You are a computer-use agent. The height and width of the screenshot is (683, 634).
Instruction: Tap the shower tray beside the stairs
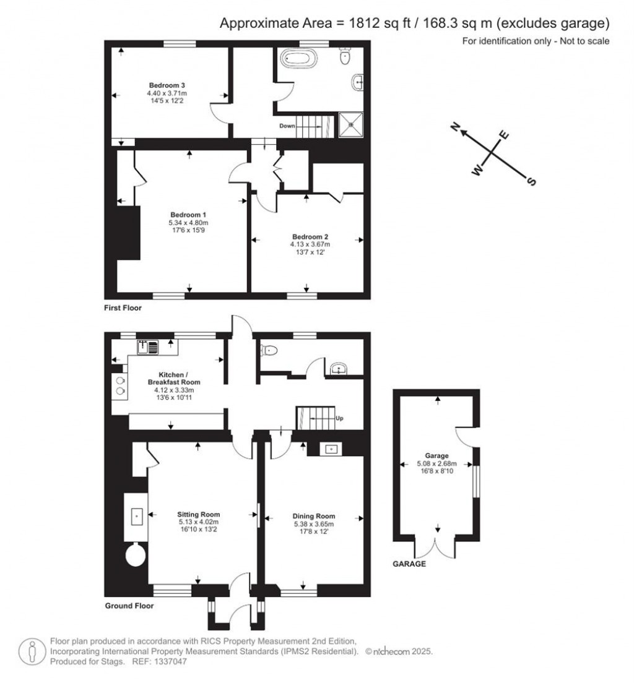351,125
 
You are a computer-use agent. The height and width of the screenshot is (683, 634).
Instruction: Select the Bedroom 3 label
167,85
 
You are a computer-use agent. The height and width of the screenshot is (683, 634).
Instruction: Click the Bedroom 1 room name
189,215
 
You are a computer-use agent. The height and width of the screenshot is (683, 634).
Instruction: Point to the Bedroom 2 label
310,236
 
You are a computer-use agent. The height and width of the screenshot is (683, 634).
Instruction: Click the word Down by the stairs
287,126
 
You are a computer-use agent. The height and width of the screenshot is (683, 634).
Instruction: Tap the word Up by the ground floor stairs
339,418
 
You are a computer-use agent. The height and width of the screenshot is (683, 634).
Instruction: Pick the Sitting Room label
198,514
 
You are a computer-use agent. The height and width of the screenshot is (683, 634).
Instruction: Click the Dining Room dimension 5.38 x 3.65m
314,524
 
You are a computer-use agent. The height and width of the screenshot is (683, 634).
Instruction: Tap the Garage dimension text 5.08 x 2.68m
436,463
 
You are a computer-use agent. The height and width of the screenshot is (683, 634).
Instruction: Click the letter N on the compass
456,127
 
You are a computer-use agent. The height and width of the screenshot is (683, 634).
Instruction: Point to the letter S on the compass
530,181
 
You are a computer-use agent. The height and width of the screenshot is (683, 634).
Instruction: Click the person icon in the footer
32,651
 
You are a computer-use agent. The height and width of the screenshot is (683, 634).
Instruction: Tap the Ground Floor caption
129,606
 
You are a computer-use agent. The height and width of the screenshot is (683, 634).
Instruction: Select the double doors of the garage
439,547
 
